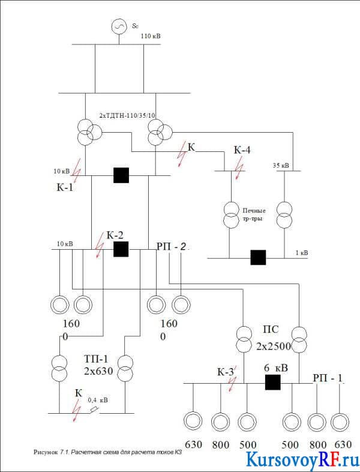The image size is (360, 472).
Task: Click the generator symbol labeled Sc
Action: pos(119,27)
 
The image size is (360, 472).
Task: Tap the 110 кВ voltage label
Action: pos(151,37)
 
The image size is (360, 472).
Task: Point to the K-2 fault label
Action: pos(115,235)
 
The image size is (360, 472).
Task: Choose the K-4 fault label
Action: pos(242,150)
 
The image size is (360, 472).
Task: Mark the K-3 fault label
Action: pos(226,372)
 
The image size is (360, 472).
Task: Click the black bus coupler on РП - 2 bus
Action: pos(121,249)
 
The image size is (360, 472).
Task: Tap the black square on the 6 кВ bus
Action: pos(273,383)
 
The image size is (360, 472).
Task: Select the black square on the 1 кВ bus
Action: pos(259,258)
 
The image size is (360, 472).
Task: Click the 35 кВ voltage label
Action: pos(281,165)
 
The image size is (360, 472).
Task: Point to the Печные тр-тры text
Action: pos(254,214)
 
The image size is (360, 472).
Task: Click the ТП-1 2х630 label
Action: pos(98,365)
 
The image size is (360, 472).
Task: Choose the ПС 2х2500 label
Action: pos(274,338)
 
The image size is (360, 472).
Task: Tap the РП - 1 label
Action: pos(328,378)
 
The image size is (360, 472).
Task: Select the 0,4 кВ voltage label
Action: pos(97,400)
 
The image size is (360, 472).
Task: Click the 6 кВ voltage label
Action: pos(276,368)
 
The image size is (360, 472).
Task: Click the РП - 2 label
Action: pos(172,247)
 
